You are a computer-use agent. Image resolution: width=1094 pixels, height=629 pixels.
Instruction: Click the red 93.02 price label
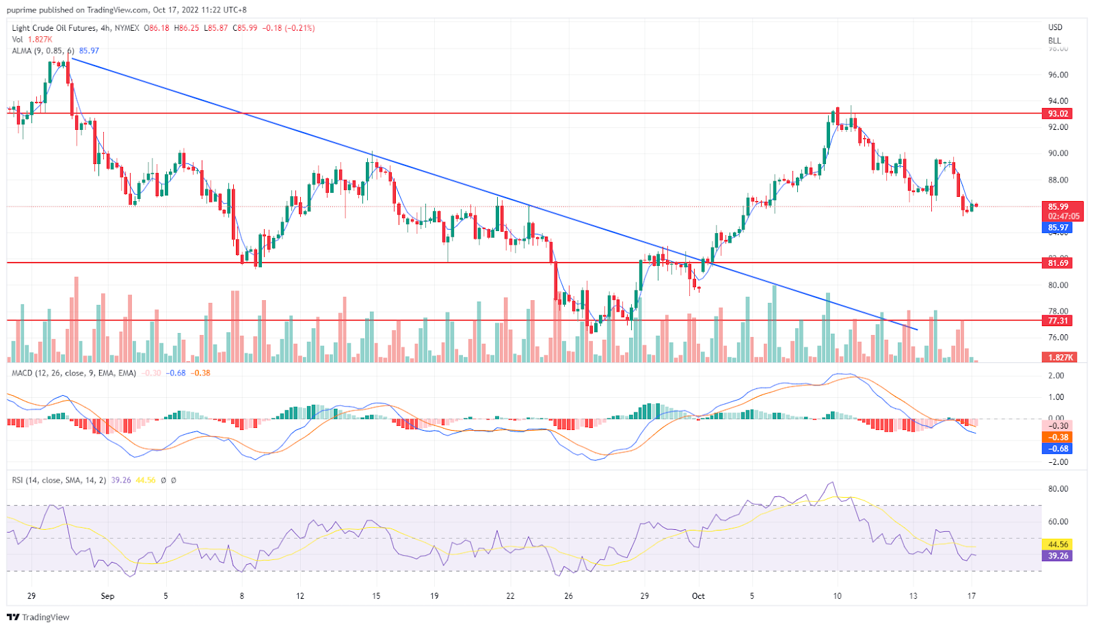(1058, 113)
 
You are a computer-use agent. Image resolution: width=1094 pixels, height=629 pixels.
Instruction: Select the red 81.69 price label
(1058, 263)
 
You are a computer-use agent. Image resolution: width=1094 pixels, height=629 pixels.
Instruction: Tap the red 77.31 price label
(1058, 320)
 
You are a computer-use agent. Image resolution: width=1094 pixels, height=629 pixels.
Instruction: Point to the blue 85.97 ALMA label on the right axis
(1058, 228)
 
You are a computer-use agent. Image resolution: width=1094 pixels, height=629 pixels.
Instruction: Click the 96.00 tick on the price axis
(1058, 75)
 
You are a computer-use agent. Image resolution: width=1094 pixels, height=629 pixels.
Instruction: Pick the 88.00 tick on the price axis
(1058, 180)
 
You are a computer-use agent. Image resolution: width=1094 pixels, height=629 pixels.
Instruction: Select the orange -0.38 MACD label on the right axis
(1058, 437)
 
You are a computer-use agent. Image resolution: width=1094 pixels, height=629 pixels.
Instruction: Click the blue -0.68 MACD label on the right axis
(1058, 449)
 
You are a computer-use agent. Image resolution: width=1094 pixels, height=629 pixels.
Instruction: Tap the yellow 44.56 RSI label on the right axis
(1058, 544)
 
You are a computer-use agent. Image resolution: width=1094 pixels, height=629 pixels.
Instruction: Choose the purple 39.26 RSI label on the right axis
(1058, 556)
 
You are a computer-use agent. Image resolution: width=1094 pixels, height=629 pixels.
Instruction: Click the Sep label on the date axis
(107, 595)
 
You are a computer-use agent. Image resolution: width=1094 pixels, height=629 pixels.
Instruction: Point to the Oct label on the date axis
(698, 595)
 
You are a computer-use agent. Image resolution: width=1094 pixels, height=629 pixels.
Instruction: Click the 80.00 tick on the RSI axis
(1058, 489)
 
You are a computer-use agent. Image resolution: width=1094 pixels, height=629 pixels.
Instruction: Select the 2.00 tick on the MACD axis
(1056, 375)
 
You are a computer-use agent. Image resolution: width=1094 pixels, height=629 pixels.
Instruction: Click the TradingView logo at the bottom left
(38, 617)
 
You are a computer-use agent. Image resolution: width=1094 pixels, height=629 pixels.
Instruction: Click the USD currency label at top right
(1056, 27)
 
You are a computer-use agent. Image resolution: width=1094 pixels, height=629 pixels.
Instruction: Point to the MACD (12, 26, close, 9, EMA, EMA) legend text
(74, 373)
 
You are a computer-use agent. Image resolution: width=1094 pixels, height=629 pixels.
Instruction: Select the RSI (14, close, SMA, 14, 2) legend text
(59, 480)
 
